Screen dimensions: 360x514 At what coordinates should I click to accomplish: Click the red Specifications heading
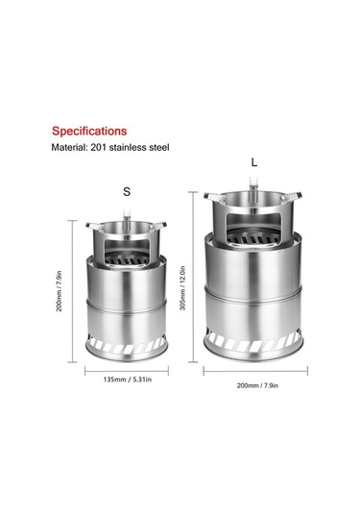(x=89, y=131)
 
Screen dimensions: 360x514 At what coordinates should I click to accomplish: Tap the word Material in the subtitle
(x=68, y=147)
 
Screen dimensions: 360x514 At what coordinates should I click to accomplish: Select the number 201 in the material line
(x=98, y=147)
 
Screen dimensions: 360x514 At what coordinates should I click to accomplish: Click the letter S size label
(x=127, y=191)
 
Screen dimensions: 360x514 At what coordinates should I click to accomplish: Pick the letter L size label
(x=254, y=162)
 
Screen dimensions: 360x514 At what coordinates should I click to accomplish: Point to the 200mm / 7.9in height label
(x=60, y=291)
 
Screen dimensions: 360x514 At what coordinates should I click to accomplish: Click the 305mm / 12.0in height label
(x=182, y=288)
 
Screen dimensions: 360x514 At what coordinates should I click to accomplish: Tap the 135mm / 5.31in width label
(x=128, y=379)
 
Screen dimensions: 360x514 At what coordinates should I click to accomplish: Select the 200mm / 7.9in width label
(x=257, y=385)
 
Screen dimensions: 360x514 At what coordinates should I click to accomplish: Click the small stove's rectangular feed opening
(x=127, y=252)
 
